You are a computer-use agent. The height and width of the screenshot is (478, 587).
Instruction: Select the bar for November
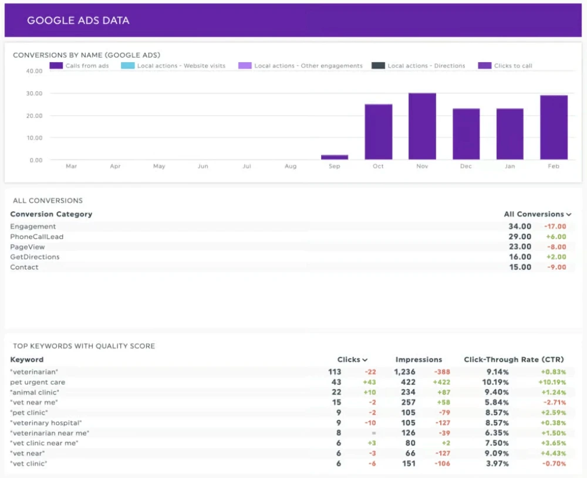(422, 126)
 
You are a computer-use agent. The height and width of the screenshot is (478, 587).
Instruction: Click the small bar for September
(335, 157)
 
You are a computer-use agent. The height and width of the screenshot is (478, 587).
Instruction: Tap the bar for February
(554, 127)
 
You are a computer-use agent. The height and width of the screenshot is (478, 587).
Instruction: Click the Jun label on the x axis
(203, 167)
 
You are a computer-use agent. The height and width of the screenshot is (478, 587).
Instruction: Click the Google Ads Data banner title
(78, 21)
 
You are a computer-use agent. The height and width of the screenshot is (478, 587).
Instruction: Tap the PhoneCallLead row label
(36, 236)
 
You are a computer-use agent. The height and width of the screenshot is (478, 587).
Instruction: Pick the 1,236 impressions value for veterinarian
(404, 372)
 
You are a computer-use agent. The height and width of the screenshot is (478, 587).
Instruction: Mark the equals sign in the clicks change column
(372, 433)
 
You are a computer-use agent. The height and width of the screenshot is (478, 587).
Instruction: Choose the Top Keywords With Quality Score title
(84, 346)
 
